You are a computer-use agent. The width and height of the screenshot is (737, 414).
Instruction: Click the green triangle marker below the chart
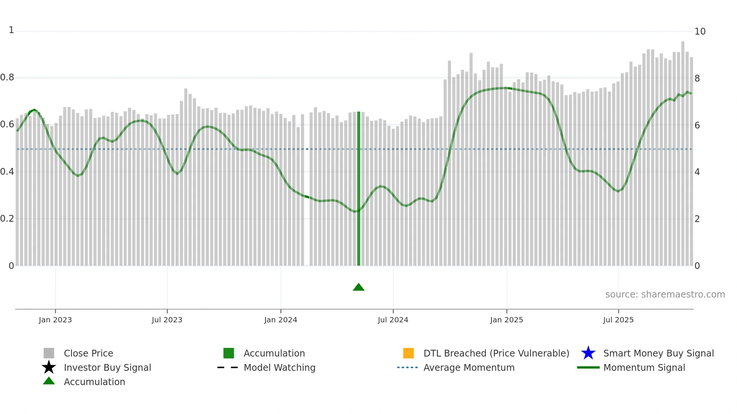358,288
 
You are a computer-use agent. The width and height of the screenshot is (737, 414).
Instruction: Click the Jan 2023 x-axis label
55,320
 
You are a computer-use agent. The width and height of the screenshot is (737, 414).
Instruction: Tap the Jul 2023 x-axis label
167,320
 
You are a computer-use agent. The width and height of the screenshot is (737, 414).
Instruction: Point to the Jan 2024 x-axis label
281,320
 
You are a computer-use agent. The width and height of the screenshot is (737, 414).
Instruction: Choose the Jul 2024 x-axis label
393,320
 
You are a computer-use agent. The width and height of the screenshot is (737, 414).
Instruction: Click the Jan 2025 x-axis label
506,320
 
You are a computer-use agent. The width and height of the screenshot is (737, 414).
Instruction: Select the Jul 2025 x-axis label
618,320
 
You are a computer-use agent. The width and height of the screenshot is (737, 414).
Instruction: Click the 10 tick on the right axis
700,32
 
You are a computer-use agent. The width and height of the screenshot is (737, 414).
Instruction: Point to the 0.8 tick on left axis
7,78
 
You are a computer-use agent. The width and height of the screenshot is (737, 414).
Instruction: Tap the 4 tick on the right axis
697,172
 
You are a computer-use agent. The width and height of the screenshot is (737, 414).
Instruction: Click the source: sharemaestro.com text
665,295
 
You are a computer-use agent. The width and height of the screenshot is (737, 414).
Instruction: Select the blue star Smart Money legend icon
588,353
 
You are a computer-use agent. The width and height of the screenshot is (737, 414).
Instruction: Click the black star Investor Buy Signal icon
49,367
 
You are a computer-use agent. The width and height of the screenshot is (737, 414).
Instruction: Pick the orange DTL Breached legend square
408,353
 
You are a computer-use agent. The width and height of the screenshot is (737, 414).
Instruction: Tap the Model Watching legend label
279,368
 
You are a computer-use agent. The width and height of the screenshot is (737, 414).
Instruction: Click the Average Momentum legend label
469,368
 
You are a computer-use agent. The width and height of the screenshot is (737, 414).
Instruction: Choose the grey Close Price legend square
49,353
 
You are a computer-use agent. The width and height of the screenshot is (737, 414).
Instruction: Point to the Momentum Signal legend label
644,368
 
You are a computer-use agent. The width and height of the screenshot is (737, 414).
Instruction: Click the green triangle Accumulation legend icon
49,381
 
